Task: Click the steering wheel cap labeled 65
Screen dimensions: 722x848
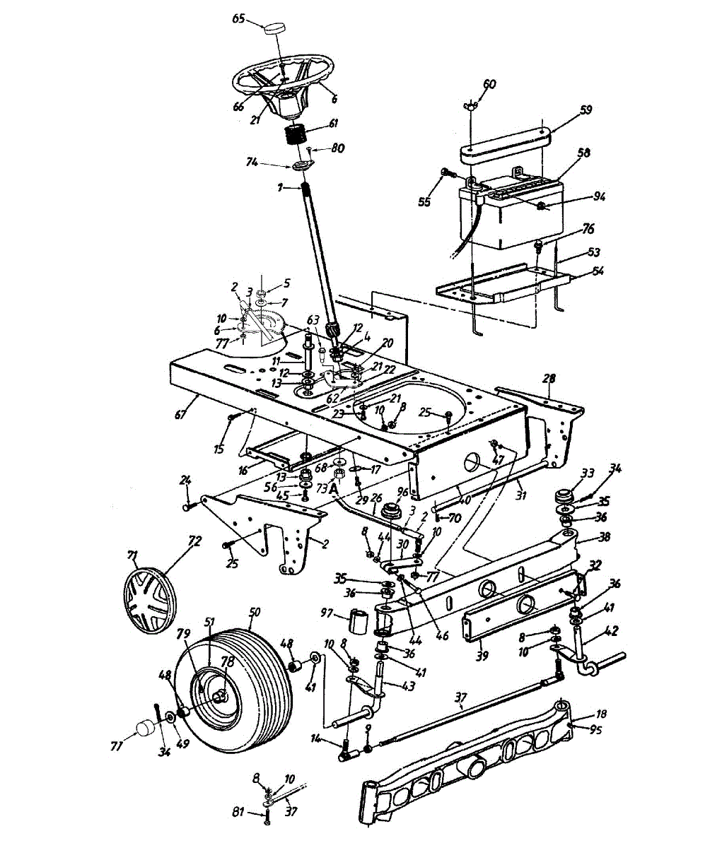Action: [x=274, y=29]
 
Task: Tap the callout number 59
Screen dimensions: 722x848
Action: [x=585, y=110]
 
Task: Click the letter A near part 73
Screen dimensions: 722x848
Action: [x=333, y=488]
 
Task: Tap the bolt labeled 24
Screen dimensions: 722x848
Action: [x=188, y=505]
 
